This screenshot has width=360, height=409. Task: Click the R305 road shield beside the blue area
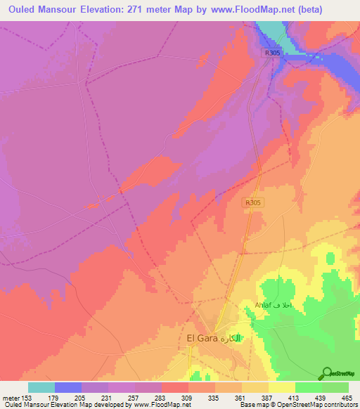coord(273,53)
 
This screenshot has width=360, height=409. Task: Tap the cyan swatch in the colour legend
coord(41,387)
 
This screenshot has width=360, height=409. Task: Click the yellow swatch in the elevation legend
coord(281,387)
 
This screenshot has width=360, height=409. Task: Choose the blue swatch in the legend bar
coord(68,387)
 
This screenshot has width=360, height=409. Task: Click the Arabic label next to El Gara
coord(235,338)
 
